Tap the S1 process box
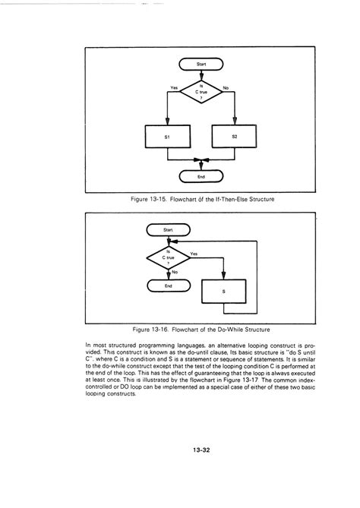coord(167,137)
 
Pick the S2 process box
coord(235,137)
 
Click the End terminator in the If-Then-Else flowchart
coord(201,177)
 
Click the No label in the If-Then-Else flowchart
coord(226,88)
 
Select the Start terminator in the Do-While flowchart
coord(169,229)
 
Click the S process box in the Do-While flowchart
coord(223,291)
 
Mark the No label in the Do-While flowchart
coord(175,271)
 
